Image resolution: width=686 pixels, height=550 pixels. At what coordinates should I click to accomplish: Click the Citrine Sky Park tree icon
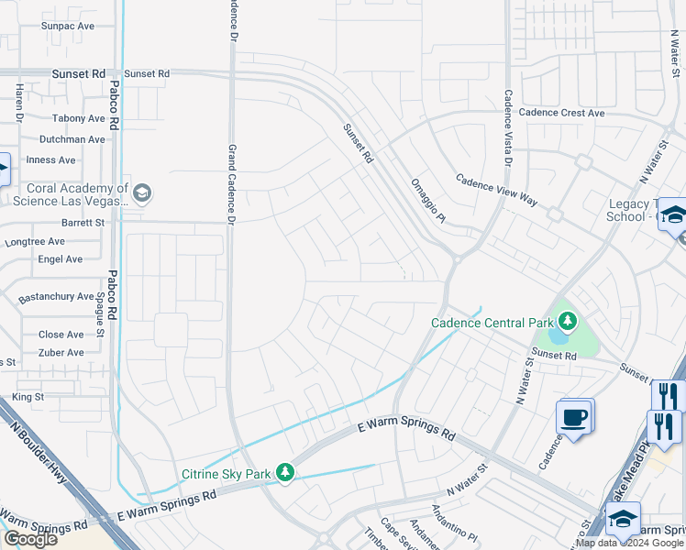tap(286, 473)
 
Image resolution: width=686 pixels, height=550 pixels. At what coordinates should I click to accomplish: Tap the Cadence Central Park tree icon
tap(569, 322)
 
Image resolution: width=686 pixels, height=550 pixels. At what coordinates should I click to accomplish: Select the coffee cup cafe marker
tap(574, 418)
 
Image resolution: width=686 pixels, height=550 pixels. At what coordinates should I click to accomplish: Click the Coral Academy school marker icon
tap(141, 192)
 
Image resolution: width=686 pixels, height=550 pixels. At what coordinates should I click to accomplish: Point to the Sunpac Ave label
tap(67, 27)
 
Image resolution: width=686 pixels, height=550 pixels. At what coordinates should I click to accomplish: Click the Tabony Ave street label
tap(78, 118)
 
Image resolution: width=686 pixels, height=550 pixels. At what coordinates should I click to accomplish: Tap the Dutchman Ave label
tap(72, 139)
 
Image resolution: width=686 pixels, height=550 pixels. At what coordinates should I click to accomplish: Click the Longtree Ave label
tap(36, 242)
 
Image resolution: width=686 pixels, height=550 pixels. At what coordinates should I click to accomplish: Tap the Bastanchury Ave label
tap(57, 297)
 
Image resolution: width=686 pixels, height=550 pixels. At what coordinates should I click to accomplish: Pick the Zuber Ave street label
tap(61, 351)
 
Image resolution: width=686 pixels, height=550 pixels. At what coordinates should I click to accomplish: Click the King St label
tap(28, 397)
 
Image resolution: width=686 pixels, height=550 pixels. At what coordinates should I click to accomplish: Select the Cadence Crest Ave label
tap(561, 113)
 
